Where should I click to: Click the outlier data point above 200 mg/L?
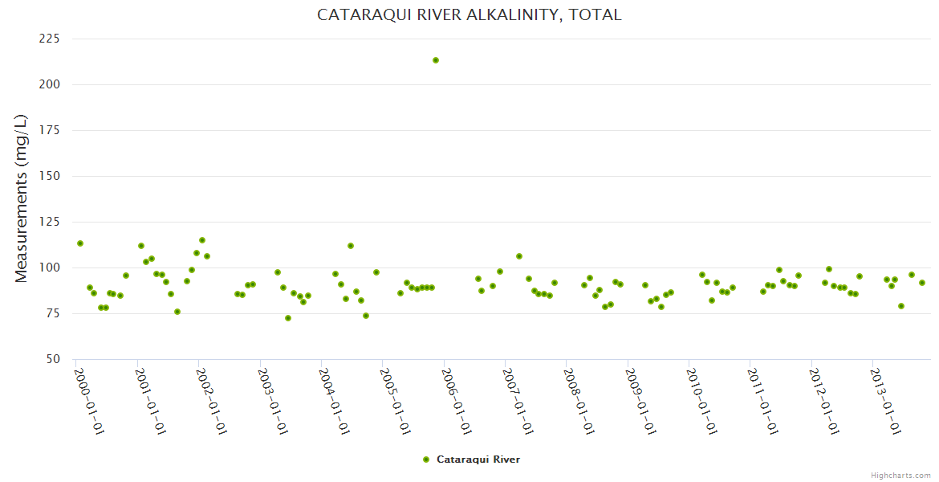pos(436,60)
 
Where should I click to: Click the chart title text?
pos(469,14)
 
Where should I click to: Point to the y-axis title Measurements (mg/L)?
pos(22,198)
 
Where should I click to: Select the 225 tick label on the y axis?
pos(50,39)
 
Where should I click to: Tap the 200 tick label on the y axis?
pos(50,84)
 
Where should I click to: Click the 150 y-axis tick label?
pos(50,176)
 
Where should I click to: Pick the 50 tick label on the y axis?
pos(53,359)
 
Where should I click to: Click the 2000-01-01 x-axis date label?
pos(90,401)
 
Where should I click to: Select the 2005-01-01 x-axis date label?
pos(396,401)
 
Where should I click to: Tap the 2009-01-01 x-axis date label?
pos(640,401)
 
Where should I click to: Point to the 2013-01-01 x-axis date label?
pos(885,401)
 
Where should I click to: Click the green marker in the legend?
pos(426,460)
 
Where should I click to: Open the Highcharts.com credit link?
pos(900,475)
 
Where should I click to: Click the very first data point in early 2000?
pos(80,243)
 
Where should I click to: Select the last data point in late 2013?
pos(922,283)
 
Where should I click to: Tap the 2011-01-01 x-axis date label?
pos(763,401)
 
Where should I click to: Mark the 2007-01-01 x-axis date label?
pos(518,401)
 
